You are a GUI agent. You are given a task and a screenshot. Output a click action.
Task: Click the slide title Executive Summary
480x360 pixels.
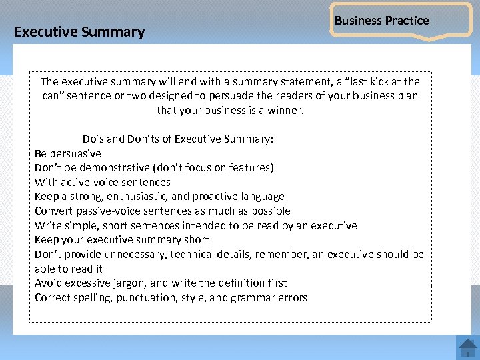(79, 32)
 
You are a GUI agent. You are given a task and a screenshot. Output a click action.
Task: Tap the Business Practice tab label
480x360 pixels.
(381, 21)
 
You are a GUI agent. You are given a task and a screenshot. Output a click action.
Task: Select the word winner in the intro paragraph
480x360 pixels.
(285, 110)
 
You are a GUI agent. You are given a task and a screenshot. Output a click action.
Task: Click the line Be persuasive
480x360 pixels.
(68, 153)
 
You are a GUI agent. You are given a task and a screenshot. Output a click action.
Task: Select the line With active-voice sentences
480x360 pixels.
(103, 182)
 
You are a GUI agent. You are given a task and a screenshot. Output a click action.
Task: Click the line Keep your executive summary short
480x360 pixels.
(122, 239)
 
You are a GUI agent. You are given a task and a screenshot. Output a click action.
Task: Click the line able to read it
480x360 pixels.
(69, 269)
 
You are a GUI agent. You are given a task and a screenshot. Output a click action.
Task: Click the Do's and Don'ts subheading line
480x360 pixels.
(178, 139)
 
